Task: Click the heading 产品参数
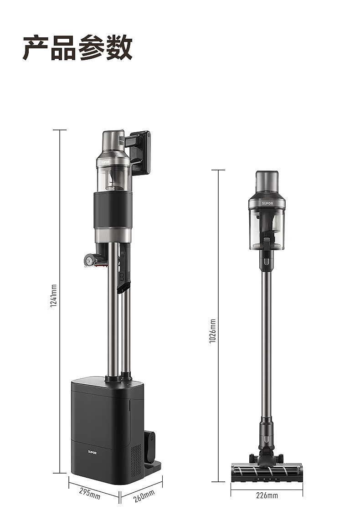[77, 47]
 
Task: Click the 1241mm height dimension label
[54, 295]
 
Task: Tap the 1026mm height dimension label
[212, 331]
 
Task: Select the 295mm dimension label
[90, 493]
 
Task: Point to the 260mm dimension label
[144, 496]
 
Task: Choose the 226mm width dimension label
[267, 495]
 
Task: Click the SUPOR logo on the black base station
[92, 453]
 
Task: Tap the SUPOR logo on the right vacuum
[267, 203]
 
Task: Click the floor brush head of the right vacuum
[267, 472]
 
